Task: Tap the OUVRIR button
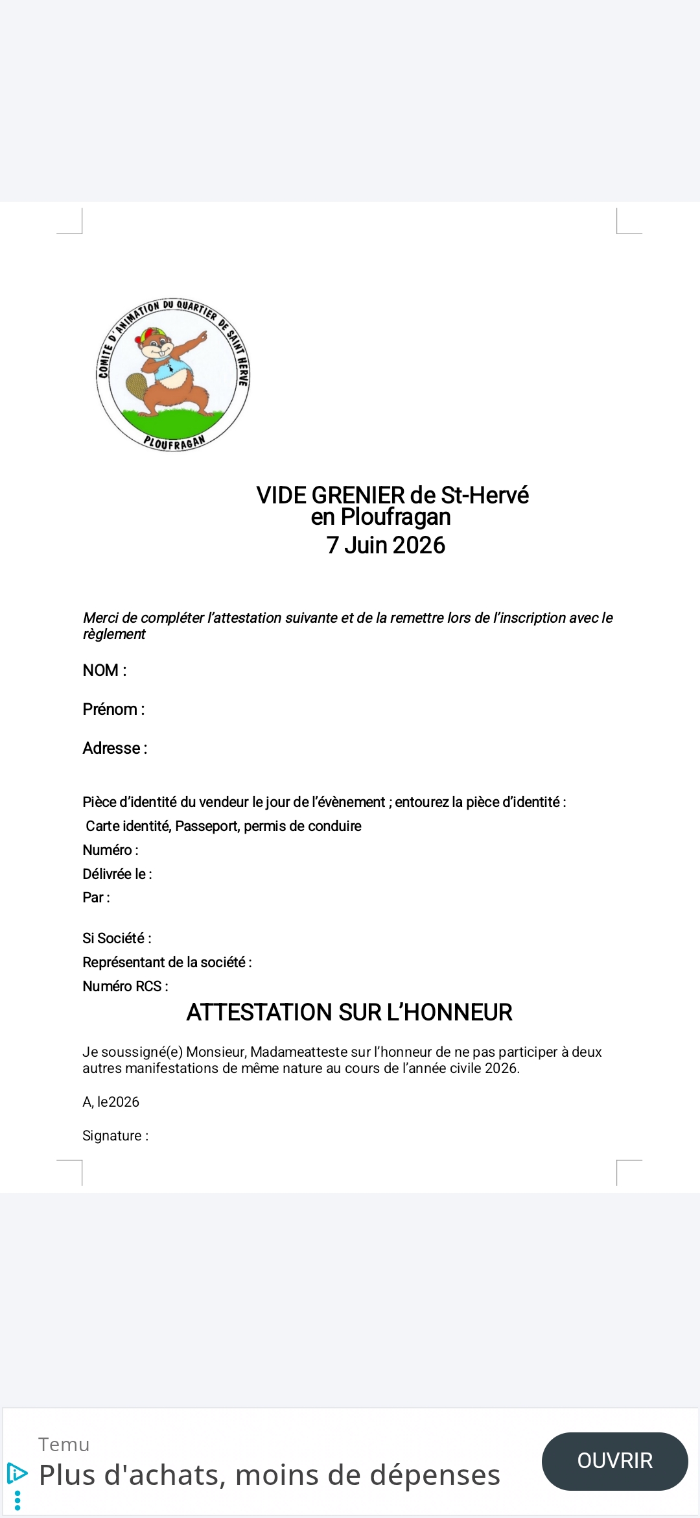614,1461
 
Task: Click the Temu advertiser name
64,1445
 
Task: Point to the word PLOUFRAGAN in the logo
174,442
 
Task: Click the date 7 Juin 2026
386,546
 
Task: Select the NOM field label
104,670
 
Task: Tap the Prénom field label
113,709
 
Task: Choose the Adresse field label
115,748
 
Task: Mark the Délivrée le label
117,874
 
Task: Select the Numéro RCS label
125,986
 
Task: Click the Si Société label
117,938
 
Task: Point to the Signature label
115,1135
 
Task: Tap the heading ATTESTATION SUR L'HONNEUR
349,1012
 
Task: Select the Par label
96,897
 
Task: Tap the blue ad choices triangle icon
17,1473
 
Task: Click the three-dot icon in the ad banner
17,1500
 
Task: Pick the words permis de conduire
303,826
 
